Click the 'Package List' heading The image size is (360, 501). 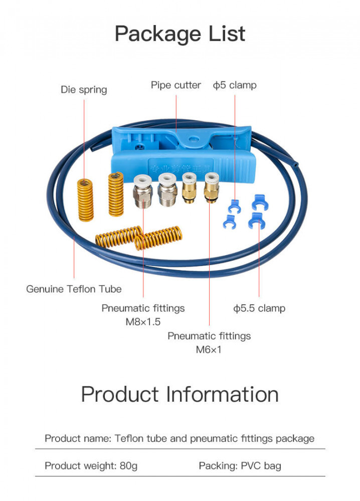pyautogui.click(x=180, y=34)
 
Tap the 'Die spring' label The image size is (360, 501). pyautogui.click(x=84, y=90)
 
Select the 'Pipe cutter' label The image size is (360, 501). pyautogui.click(x=176, y=85)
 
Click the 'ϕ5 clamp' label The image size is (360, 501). pyautogui.click(x=235, y=85)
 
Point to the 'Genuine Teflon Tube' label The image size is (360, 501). pyautogui.click(x=74, y=289)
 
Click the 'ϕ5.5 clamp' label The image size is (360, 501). pyautogui.click(x=259, y=308)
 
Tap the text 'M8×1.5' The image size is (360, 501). pyautogui.click(x=143, y=322)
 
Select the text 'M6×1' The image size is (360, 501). pyautogui.click(x=209, y=349)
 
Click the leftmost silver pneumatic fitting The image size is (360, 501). pyautogui.click(x=143, y=190)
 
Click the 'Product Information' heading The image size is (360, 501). pyautogui.click(x=179, y=394)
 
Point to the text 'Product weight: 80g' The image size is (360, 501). pyautogui.click(x=91, y=466)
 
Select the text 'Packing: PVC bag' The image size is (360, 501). pyautogui.click(x=240, y=466)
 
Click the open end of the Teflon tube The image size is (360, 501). pyautogui.click(x=297, y=163)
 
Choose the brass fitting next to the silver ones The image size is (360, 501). pyautogui.click(x=189, y=188)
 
